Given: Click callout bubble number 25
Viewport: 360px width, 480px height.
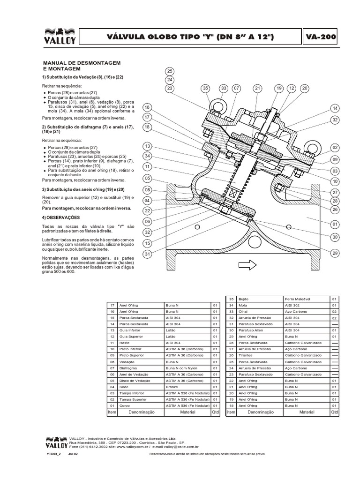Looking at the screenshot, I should tap(170, 71).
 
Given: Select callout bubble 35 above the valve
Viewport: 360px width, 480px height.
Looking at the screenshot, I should tap(205, 88).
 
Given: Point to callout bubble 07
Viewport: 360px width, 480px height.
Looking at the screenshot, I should tap(236, 88).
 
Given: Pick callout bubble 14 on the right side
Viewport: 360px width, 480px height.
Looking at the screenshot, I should tap(335, 108).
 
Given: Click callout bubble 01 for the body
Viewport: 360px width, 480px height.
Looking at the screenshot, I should tap(335, 225).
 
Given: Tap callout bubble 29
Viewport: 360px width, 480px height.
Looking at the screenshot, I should tap(335, 253).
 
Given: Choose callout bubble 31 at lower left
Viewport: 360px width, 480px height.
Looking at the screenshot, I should tap(147, 254).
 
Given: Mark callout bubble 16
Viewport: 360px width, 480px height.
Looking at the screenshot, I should tap(147, 107).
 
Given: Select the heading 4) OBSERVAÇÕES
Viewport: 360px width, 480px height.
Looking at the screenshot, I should tap(61, 217).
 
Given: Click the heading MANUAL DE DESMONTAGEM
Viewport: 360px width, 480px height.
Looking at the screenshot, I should tap(82, 62).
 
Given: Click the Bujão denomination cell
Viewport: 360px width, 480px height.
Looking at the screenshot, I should tap(243, 299).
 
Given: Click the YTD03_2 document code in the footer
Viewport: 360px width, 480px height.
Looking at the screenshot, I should tap(54, 454).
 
